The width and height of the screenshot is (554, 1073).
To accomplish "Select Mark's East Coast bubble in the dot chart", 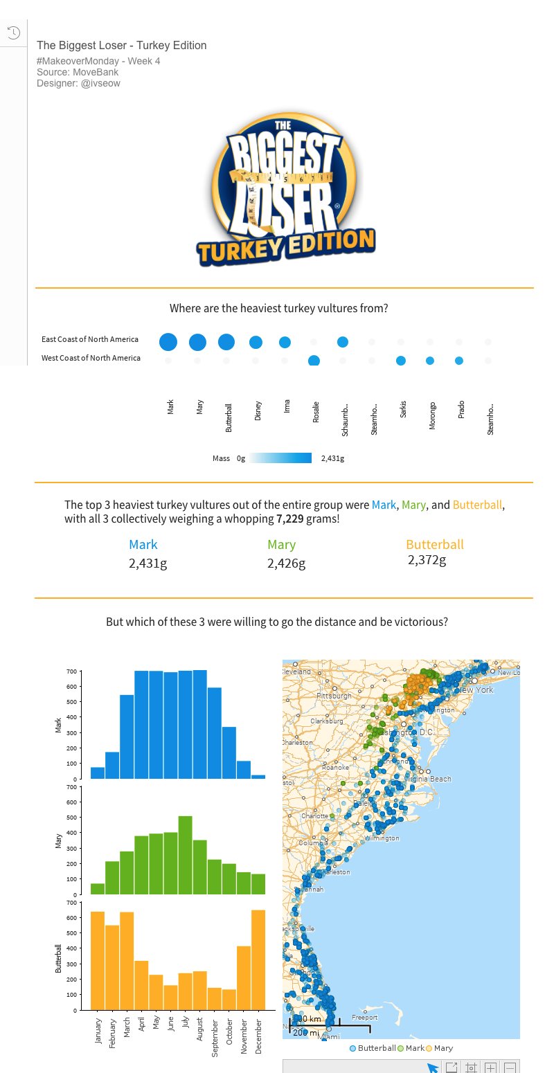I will tap(168, 342).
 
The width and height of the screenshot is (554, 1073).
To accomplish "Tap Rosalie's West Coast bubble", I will tap(314, 361).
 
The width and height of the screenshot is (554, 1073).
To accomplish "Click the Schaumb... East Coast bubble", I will tap(342, 342).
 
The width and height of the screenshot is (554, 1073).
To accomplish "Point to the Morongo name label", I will tap(432, 415).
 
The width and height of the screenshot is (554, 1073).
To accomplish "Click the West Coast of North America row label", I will tap(91, 358).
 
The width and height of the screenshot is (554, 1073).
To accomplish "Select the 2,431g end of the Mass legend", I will tap(332, 458).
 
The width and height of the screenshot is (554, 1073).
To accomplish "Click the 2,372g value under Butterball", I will tap(427, 560).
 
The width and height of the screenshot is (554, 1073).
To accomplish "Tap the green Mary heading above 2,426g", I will tap(281, 545).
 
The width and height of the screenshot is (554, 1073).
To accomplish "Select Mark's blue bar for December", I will tap(258, 777).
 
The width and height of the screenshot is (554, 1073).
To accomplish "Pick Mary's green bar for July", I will tap(185, 856).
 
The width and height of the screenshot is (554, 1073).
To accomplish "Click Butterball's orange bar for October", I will tap(229, 999).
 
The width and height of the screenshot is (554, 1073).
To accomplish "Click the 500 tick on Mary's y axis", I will tap(71, 818).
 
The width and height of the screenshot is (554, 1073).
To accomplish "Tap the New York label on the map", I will tap(475, 690).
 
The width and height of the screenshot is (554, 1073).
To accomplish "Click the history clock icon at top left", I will tap(12, 33).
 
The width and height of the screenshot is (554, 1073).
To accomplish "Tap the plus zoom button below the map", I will tap(490, 1067).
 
